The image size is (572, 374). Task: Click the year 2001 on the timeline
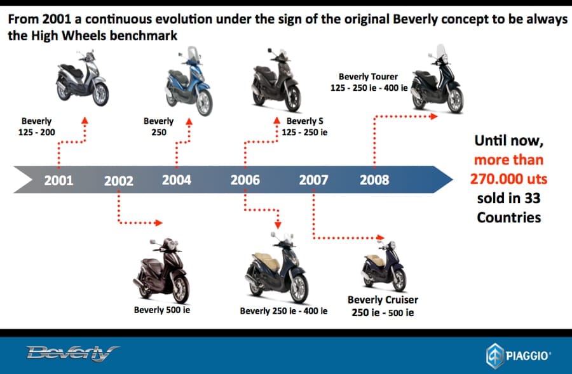point(58,180)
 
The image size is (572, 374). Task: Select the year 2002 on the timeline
point(119,181)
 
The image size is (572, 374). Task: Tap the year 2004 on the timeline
point(177,180)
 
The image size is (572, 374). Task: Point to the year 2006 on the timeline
point(245,180)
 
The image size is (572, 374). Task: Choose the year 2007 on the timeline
point(314,180)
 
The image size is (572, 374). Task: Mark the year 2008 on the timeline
point(374,180)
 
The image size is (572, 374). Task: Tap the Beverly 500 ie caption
point(162,310)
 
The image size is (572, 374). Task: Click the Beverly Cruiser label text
point(383,300)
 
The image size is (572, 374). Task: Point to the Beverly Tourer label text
point(368,77)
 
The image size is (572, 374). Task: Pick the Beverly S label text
point(305,121)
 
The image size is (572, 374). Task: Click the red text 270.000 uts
point(508,179)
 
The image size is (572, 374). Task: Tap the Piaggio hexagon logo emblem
point(494,356)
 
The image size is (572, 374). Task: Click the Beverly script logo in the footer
point(72,353)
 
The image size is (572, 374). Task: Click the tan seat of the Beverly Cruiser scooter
point(376,260)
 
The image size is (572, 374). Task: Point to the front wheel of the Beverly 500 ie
point(180,289)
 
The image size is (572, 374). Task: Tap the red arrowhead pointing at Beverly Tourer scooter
point(433,116)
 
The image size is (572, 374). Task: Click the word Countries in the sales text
point(509,218)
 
